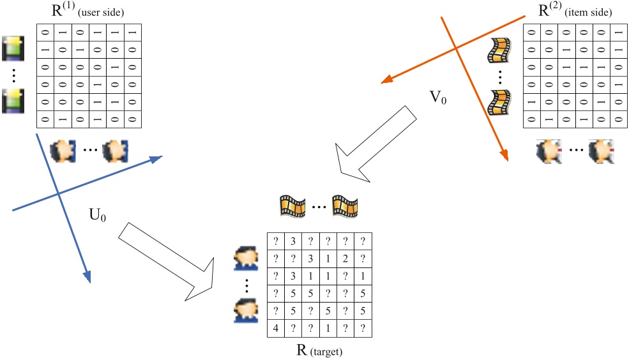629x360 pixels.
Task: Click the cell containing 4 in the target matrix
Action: pos(275,329)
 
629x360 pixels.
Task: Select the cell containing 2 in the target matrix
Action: pos(345,259)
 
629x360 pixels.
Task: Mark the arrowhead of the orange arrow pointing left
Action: pos(384,82)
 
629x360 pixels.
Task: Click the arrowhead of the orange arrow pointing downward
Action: pos(503,156)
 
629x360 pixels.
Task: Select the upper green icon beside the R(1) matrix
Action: pos(13,49)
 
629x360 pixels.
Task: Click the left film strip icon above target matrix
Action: pos(292,206)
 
